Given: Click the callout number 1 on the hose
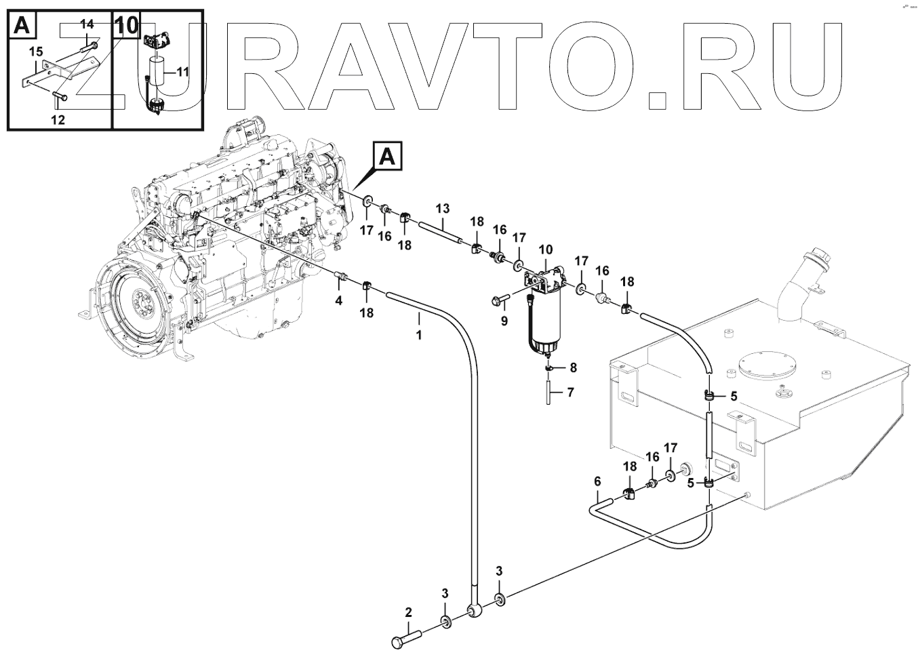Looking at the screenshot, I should [419, 334].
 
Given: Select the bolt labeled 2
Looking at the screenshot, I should [407, 638].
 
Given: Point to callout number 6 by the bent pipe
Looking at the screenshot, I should [597, 481].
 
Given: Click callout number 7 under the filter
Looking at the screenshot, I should [570, 392].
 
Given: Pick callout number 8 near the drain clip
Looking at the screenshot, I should [573, 368].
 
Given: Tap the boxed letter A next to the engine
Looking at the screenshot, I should [387, 157].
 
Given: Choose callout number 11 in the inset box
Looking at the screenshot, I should [184, 71].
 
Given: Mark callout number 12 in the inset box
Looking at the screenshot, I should [58, 119].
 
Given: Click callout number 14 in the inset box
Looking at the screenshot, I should [87, 24].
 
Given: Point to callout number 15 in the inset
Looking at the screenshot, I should [36, 51].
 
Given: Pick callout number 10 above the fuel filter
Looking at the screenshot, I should [546, 251].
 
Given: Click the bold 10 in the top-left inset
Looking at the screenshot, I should [126, 26].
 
